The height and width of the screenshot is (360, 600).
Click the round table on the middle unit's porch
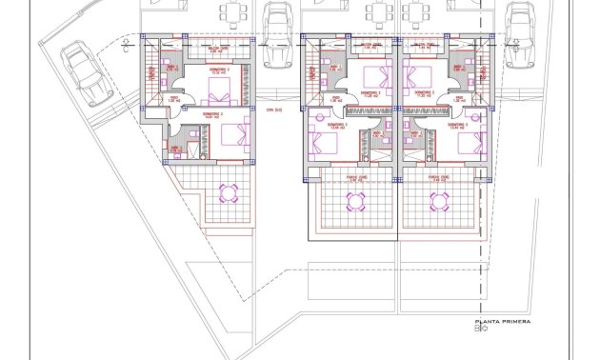coord(356,201)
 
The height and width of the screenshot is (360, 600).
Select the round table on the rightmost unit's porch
coord(439,201)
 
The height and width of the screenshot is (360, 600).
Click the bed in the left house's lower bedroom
coord(229,133)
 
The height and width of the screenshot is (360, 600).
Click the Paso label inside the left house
coord(175,97)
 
